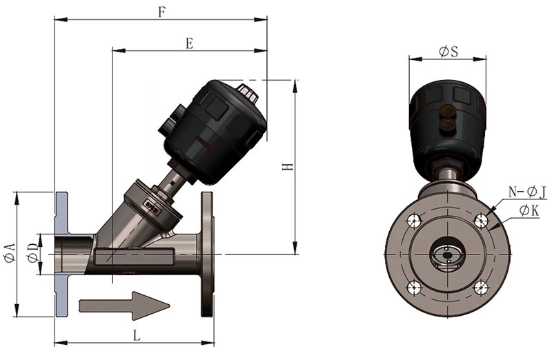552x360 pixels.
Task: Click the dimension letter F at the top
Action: tap(161, 12)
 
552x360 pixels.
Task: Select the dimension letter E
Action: tap(189, 43)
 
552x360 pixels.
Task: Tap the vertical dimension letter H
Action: tap(288, 166)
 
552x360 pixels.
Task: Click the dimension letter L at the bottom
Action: tap(137, 335)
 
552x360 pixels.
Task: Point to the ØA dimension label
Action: tap(10, 252)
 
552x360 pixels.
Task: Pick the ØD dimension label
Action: tap(33, 252)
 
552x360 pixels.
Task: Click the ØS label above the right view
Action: tap(448, 52)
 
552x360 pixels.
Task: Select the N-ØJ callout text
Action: tap(527, 192)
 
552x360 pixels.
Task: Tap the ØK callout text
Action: tap(529, 211)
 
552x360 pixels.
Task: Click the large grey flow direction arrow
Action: tap(124, 306)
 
